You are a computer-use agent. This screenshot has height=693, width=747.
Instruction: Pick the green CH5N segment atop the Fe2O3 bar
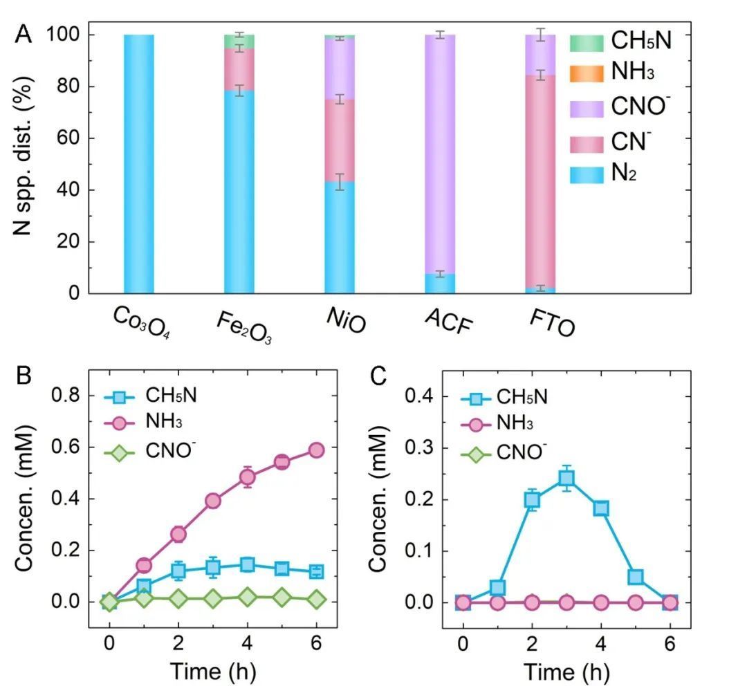pyautogui.click(x=239, y=41)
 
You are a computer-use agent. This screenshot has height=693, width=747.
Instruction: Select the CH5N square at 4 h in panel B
pyautogui.click(x=247, y=565)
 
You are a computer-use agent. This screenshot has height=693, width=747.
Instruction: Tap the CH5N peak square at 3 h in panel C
pyautogui.click(x=566, y=478)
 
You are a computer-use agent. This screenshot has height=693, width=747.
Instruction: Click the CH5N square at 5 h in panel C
pyautogui.click(x=636, y=577)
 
